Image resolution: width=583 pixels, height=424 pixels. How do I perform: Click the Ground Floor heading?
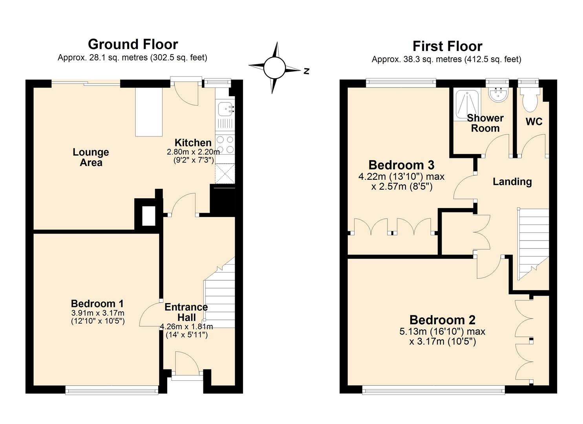pos(133,44)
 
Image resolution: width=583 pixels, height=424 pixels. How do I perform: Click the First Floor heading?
pos(447,46)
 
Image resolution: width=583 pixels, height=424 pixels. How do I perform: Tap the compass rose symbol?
pos(274,68)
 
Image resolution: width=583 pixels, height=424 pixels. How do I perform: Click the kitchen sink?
pos(225,109)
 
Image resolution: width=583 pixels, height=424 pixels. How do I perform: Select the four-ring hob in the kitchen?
pos(225,144)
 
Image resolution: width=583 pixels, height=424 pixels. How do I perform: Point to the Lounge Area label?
pos(91,157)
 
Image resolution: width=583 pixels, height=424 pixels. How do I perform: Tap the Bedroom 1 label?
pos(97,303)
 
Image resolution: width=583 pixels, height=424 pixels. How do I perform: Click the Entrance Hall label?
pos(186,312)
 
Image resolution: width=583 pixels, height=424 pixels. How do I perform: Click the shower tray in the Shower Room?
pos(466,104)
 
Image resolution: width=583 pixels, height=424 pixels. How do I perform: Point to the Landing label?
pos(512,181)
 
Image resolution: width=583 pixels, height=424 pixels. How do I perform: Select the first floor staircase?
pos(533,239)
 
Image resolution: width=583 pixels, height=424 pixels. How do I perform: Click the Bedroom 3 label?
pos(401,165)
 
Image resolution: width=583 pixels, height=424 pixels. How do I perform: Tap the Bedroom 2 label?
pos(442,320)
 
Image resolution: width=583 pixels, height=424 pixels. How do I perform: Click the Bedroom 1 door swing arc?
pos(149,314)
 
